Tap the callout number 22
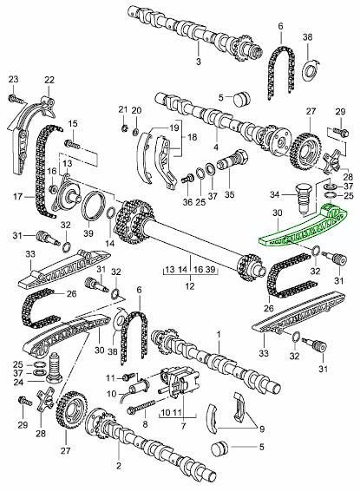point(49,80)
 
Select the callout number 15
point(74,123)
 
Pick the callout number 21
point(123,109)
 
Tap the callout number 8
point(145,424)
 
